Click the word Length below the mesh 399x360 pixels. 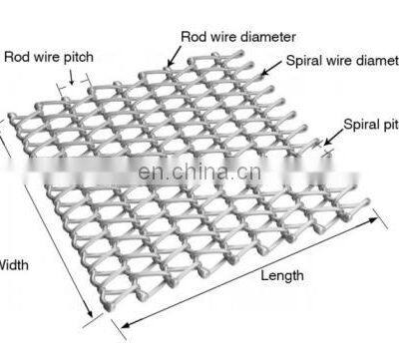282,275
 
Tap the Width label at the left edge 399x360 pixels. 13,265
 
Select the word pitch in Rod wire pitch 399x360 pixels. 79,57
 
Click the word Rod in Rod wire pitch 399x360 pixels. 16,57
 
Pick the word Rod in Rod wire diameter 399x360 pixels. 194,36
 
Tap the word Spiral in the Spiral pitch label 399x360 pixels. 360,126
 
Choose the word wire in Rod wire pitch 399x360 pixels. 47,57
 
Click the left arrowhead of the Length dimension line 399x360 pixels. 126,323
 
